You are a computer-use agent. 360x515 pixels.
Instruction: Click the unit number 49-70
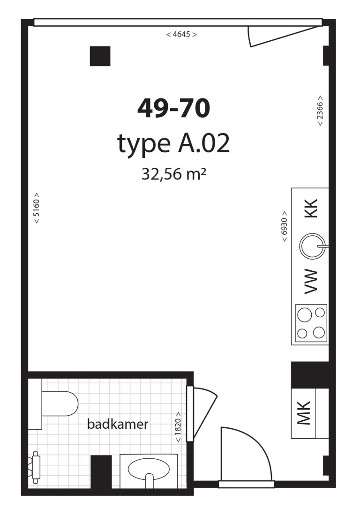(x=173, y=109)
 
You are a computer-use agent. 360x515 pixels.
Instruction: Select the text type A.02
(x=173, y=144)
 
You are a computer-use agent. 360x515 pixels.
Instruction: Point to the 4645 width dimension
(x=181, y=34)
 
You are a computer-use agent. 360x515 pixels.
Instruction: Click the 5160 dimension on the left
(x=37, y=208)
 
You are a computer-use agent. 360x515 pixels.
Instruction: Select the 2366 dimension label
(x=320, y=111)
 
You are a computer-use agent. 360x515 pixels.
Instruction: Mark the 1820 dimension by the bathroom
(x=179, y=427)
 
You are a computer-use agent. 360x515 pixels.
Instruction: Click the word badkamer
(x=118, y=425)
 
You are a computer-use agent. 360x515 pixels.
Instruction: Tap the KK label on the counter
(x=311, y=209)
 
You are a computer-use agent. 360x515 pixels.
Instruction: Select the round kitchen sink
(x=311, y=246)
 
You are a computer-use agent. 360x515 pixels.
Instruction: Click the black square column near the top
(x=100, y=56)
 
